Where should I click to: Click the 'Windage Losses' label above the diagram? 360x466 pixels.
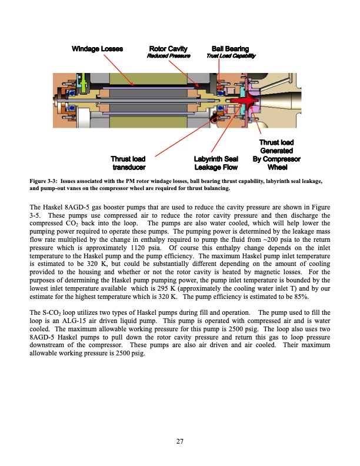click(97, 48)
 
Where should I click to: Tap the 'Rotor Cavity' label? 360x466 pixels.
click(168, 48)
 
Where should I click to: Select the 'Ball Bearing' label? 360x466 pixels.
click(230, 48)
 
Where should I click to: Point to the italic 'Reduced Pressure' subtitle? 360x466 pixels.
click(168, 56)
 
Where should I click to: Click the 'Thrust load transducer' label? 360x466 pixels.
click(128, 162)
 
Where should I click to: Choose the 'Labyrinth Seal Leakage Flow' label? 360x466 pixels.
click(215, 162)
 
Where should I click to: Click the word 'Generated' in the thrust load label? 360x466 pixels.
click(276, 151)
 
